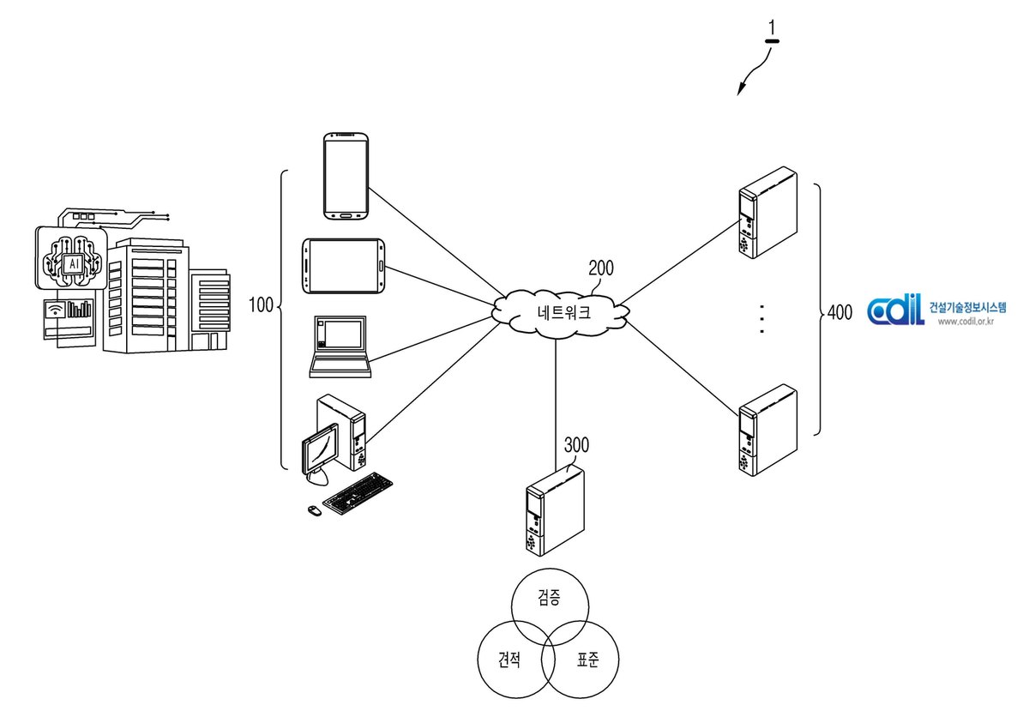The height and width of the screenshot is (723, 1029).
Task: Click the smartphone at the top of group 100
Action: (346, 176)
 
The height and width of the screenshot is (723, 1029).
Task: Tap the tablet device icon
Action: (343, 266)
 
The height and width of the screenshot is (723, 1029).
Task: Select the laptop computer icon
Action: (340, 346)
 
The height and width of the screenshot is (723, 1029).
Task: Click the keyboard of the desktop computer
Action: (358, 493)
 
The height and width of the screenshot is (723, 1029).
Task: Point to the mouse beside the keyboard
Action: (314, 510)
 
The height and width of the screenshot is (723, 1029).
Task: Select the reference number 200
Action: (601, 268)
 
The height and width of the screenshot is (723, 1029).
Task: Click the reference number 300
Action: (576, 444)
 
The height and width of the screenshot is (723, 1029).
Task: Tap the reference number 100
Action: (261, 305)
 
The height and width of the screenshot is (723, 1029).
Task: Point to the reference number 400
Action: (839, 312)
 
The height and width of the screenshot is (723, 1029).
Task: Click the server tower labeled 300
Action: (555, 510)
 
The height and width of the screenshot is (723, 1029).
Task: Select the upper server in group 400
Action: (767, 212)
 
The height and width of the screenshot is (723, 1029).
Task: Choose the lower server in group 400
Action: (767, 430)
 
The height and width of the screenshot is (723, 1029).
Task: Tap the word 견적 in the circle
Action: (509, 660)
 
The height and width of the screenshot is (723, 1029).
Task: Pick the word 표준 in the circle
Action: (588, 660)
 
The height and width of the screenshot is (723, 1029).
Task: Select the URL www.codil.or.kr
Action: (966, 322)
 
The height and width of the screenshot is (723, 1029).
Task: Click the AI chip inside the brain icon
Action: (74, 263)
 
